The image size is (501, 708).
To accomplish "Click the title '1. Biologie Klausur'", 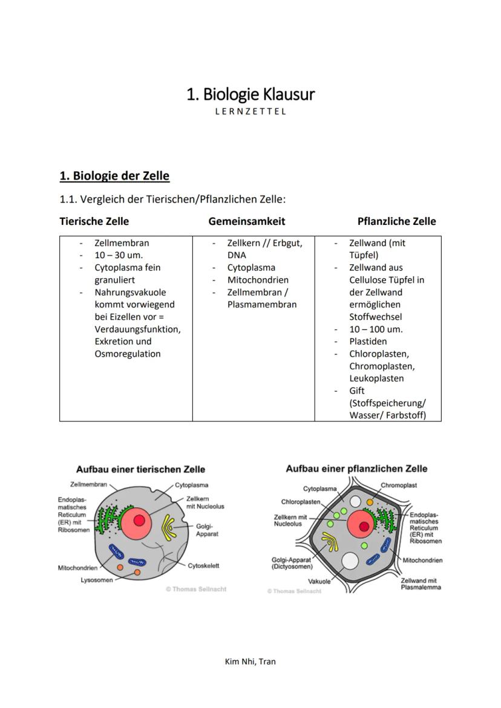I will click(x=250, y=94).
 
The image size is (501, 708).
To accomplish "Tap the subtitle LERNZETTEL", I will click(x=250, y=111).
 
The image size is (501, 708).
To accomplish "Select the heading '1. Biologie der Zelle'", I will click(x=114, y=176).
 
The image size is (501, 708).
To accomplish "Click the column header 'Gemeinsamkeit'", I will click(x=246, y=221).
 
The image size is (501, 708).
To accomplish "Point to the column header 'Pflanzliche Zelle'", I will click(x=396, y=221).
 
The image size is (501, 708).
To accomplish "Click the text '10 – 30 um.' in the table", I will click(x=119, y=255).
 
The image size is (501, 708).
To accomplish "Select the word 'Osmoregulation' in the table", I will click(x=127, y=354).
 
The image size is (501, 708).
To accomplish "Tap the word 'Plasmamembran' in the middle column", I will click(x=262, y=304).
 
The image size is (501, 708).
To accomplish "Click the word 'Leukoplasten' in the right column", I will click(x=376, y=378).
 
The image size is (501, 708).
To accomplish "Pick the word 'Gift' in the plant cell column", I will click(x=357, y=391).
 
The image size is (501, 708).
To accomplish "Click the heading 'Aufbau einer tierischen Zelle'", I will click(x=140, y=469).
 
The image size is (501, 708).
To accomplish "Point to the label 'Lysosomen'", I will click(x=96, y=580).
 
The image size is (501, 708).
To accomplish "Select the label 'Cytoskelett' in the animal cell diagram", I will click(x=203, y=566).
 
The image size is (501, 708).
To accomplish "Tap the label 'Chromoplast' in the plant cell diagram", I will click(x=399, y=485).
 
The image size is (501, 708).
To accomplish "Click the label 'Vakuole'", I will click(x=320, y=581).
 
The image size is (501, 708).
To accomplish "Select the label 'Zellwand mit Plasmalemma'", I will click(x=421, y=583).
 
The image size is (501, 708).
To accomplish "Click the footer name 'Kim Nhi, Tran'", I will click(x=250, y=661).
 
